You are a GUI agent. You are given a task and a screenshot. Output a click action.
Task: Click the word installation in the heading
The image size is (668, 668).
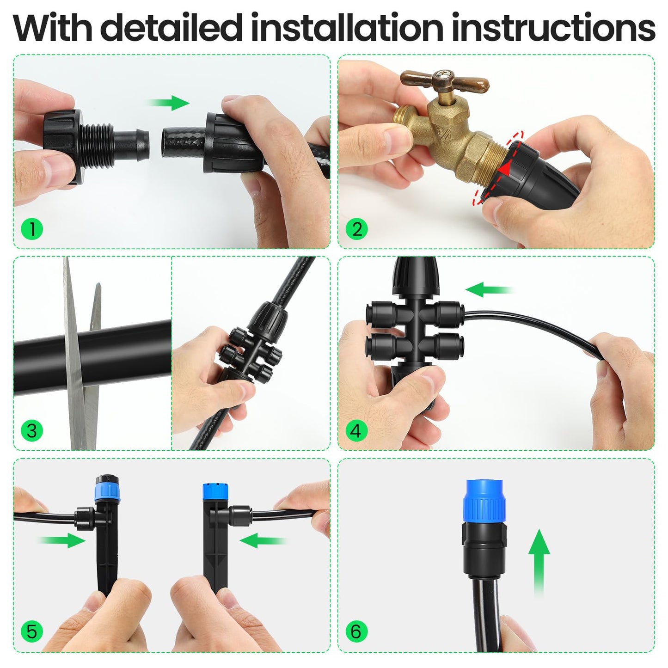click(348, 28)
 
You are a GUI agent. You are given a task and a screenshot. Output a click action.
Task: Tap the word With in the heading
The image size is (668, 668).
click(52, 28)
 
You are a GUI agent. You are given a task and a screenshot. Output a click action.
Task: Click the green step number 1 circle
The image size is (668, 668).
click(32, 229)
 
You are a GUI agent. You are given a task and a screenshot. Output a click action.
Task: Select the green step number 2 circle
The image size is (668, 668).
click(357, 229)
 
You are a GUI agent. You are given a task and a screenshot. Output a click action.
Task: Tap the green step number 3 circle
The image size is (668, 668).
click(32, 430)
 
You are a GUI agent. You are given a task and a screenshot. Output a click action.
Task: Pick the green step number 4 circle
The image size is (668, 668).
click(357, 430)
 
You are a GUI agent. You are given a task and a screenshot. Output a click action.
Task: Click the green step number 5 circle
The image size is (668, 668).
click(32, 631)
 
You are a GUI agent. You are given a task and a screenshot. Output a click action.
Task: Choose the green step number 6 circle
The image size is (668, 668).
click(357, 631)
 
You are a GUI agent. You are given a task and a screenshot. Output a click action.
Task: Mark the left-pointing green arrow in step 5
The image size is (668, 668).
click(262, 540)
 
